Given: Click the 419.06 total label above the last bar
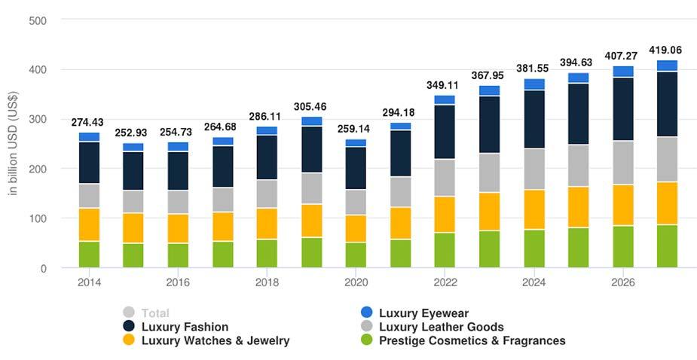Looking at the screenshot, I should coord(666,50).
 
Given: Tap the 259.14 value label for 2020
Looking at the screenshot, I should coord(356,129).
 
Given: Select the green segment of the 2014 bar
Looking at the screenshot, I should coord(89,254).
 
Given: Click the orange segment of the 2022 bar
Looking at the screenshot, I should coord(445,214).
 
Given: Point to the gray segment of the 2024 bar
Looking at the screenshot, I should coord(533,169).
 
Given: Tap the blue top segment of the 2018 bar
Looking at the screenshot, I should coord(267,130).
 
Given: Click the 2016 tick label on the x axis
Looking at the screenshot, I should coord(178,282).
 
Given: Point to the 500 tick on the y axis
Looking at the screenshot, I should coord(38,20).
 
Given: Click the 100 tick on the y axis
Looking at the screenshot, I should coord(38,218).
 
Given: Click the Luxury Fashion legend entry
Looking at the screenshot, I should coord(185,327).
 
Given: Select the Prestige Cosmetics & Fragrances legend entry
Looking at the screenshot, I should coord(472,340).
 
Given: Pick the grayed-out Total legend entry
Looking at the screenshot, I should coord(155,313).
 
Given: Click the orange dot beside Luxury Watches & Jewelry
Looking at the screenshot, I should coord(129,340).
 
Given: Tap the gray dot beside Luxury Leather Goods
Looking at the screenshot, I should coord(366,327).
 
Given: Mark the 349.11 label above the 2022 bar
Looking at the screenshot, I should coord(445,85).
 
